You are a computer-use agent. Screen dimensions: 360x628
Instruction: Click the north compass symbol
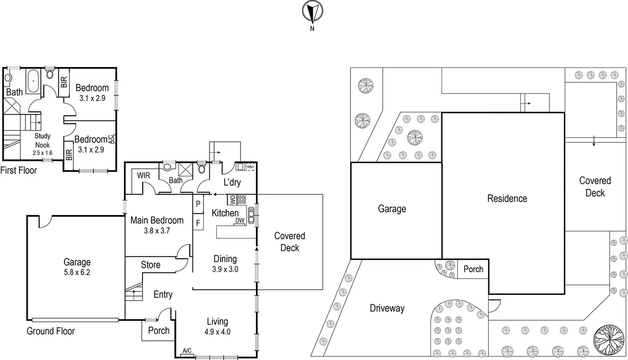point(312,12)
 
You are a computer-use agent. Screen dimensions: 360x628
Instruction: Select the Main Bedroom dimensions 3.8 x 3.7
point(157,231)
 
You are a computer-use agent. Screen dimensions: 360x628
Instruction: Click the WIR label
point(143,176)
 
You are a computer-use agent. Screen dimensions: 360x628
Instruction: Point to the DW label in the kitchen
point(240,221)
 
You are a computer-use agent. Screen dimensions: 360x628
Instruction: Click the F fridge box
point(198,223)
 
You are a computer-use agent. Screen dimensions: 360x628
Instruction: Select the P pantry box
point(198,204)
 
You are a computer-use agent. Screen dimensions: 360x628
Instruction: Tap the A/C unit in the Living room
point(187,351)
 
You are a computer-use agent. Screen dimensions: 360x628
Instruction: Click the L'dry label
point(232,183)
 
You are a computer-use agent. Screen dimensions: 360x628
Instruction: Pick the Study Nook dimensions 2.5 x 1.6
point(42,153)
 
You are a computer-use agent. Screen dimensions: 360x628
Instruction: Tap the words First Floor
point(18,171)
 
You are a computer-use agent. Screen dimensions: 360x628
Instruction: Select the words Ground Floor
point(50,331)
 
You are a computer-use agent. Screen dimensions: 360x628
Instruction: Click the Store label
point(151,265)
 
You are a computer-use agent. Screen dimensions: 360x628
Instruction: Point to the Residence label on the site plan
point(507,198)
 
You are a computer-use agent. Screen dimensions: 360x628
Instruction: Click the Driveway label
point(387,308)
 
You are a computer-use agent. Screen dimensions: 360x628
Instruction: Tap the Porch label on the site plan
point(473,269)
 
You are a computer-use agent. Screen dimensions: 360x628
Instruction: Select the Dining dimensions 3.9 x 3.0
point(225,270)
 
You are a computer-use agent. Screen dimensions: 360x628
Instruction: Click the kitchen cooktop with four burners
point(241,199)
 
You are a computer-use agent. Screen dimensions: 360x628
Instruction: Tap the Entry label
point(163,294)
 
